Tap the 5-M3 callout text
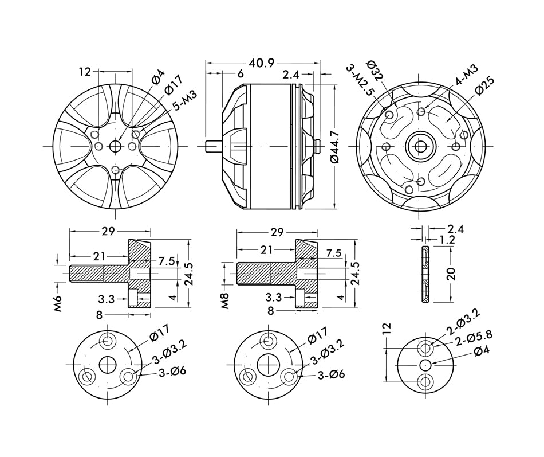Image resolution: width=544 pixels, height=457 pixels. point(184,101)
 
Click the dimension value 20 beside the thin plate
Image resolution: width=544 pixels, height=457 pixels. point(452,274)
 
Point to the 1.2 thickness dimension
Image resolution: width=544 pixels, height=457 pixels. point(447,240)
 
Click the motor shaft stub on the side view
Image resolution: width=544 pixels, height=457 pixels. point(212,146)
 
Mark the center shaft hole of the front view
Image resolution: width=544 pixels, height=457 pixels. point(116,146)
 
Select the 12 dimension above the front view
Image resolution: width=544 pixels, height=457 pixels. point(85,72)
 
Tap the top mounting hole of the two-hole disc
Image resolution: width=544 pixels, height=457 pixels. point(425,347)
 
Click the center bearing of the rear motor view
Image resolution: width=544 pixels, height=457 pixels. point(421,147)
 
